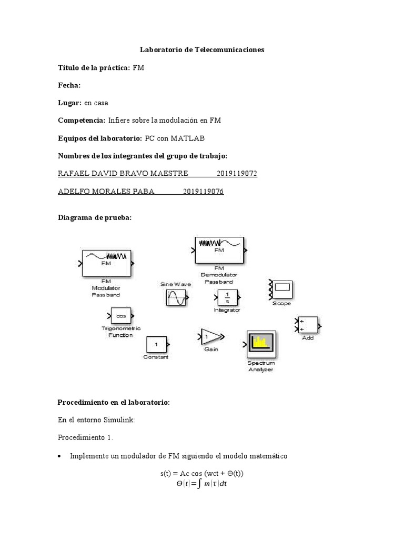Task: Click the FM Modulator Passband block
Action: [x=106, y=262]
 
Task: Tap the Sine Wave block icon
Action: [x=175, y=298]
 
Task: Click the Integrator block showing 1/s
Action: [x=227, y=297]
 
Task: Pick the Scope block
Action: [x=282, y=289]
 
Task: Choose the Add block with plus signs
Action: [x=308, y=325]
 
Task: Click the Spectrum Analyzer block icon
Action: [x=260, y=344]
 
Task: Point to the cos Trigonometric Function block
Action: [x=122, y=316]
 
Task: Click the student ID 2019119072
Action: [x=237, y=174]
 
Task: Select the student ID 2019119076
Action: [x=204, y=192]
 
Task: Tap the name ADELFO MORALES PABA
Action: [x=106, y=192]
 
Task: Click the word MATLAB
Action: [x=187, y=138]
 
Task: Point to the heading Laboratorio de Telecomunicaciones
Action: [x=202, y=50]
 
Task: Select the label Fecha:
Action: [x=69, y=85]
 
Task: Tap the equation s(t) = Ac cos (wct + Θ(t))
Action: [x=202, y=473]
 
